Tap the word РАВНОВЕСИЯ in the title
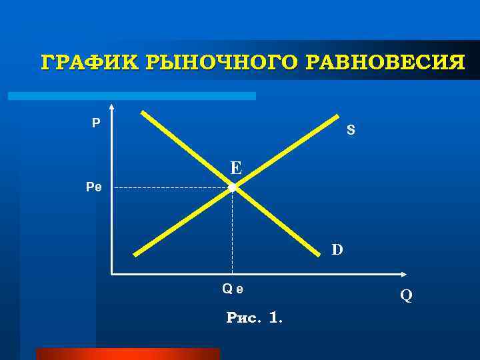[x=386, y=63]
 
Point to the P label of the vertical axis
[x=97, y=123]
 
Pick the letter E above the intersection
[x=236, y=167]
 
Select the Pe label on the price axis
[x=93, y=188]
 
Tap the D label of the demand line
[x=337, y=250]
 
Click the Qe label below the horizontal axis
[x=233, y=289]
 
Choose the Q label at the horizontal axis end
[x=406, y=294]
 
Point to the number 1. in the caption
[x=275, y=318]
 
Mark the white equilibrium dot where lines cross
[x=232, y=189]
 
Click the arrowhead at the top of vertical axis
[x=111, y=107]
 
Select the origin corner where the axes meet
[x=112, y=273]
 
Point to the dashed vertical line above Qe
[x=232, y=233]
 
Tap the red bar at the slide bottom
[x=127, y=353]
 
